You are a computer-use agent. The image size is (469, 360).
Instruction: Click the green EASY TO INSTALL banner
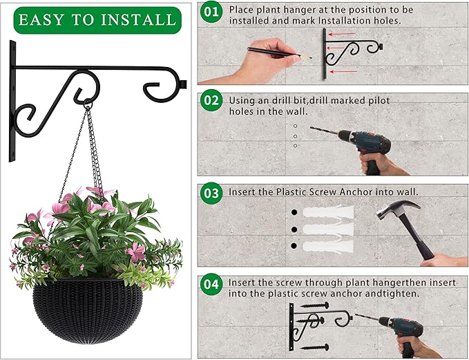click(x=97, y=19)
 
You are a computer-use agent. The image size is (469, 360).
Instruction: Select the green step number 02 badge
click(x=212, y=101)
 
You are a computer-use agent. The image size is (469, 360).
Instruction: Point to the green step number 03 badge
click(x=212, y=191)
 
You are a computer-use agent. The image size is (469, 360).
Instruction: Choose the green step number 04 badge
click(x=212, y=283)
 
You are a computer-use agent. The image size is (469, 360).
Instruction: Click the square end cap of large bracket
click(x=183, y=86)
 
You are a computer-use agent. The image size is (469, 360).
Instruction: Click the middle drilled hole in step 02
click(x=295, y=136)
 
